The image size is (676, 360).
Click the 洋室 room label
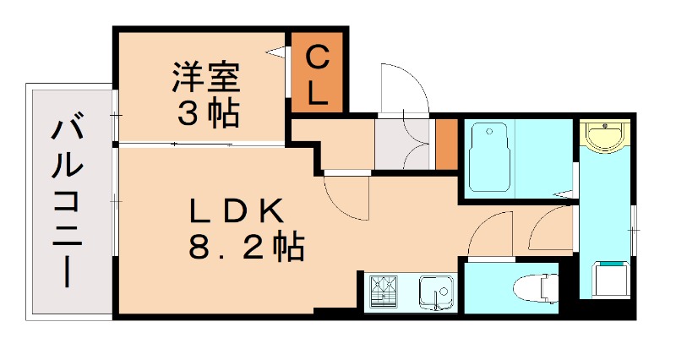click(x=206, y=78)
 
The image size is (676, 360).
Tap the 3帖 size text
click(x=208, y=114)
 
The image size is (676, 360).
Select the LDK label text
click(x=237, y=210)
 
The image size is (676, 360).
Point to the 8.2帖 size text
click(x=246, y=247)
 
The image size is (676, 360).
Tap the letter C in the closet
click(x=318, y=57)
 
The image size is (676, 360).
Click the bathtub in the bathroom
click(x=488, y=157)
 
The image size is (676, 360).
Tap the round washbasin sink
click(x=605, y=136)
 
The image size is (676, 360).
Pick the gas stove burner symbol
click(x=384, y=291)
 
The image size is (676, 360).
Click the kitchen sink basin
click(x=436, y=292)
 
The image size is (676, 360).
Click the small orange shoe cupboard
click(x=446, y=144)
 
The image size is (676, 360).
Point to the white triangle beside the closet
click(x=276, y=52)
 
